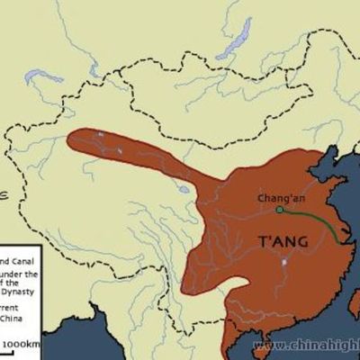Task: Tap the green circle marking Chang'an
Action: [279, 210]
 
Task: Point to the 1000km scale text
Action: [19, 344]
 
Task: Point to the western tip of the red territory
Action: [69, 140]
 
